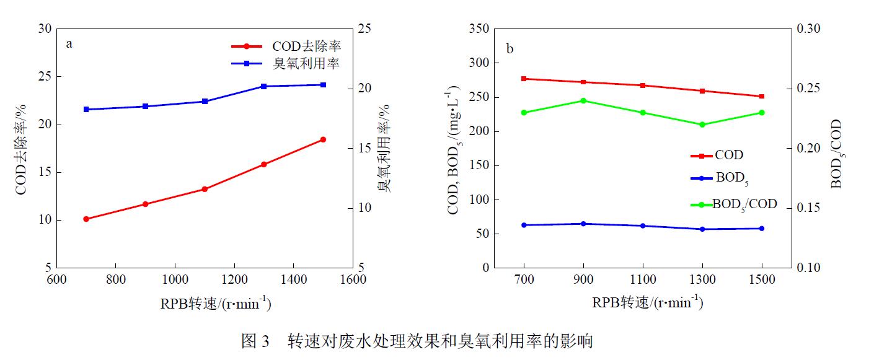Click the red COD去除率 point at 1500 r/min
(323, 139)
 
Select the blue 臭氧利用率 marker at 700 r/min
(86, 109)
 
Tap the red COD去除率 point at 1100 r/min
(205, 189)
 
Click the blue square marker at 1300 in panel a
(263, 86)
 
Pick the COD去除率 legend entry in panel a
(286, 46)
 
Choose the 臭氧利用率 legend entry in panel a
(286, 63)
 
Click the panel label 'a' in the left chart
(69, 43)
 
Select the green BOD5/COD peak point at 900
(583, 100)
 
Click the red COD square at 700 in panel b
(524, 79)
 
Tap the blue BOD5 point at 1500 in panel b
(762, 229)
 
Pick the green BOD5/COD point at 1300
(702, 125)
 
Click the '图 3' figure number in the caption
(255, 341)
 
